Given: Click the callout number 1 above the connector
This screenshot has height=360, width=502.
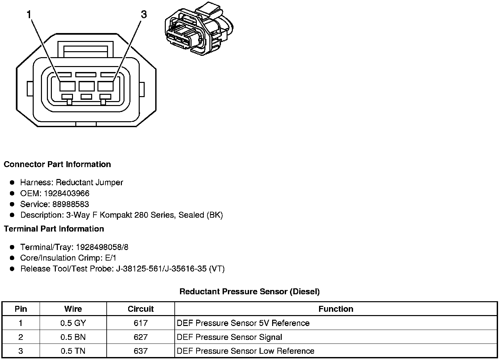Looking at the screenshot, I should tap(29, 15).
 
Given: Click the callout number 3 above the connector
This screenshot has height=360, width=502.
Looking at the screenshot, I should tap(144, 15).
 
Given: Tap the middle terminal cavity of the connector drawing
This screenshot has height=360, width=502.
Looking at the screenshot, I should tap(87, 86).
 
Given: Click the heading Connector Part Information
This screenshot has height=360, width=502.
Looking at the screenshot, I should tap(57, 164).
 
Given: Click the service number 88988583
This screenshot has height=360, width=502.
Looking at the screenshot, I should tap(70, 204).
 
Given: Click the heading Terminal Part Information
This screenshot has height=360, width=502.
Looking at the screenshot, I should tap(54, 229).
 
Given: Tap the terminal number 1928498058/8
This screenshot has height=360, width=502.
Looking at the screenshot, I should tap(102, 247).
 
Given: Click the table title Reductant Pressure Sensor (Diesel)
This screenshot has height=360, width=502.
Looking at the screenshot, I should tap(249, 292).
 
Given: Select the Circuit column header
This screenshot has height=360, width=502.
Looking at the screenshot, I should tap(141, 309).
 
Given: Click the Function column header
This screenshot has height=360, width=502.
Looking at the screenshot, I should tap(336, 309).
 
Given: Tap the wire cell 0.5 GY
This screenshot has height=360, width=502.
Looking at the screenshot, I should tap(73, 323).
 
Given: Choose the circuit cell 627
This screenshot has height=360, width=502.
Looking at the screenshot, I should tap(141, 337).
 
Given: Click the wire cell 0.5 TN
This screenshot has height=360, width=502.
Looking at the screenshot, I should tap(73, 351).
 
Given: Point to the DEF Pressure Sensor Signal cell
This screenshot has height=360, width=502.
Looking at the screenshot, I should tap(230, 337).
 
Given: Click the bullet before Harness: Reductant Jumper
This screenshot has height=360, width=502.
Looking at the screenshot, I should tap(12, 182).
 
